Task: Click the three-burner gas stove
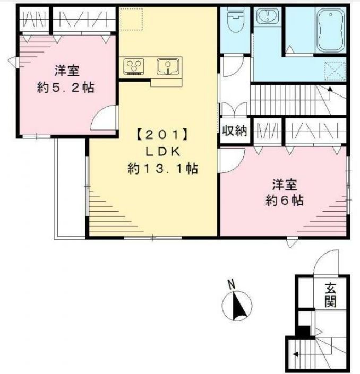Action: click(135, 67)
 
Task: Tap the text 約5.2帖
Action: click(66, 88)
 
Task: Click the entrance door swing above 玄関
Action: click(322, 263)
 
